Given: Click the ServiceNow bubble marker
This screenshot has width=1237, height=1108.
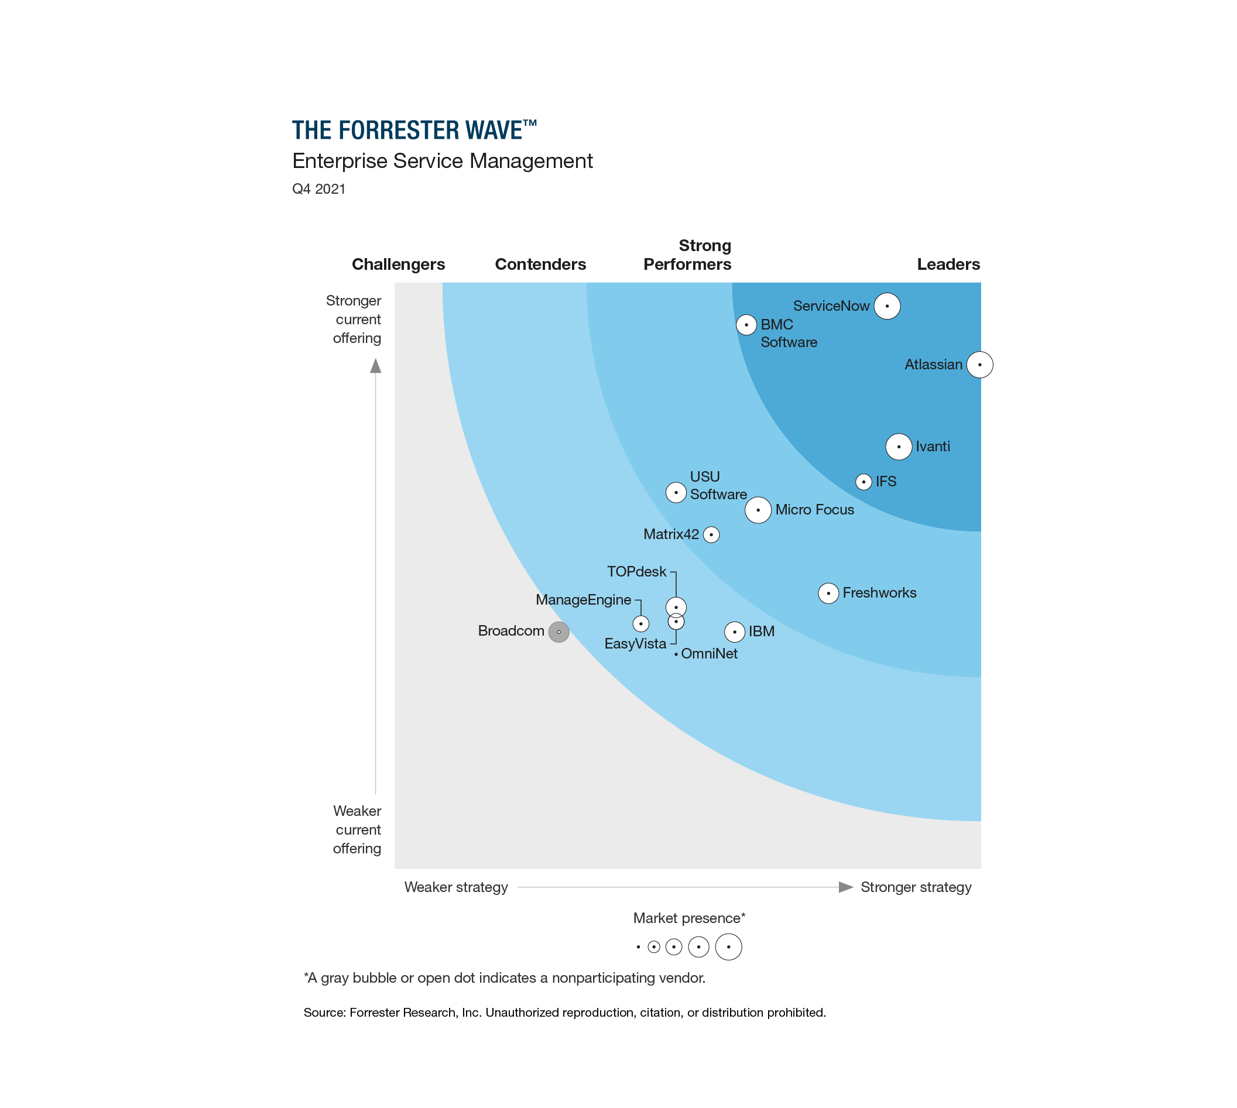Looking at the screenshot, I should click(887, 306).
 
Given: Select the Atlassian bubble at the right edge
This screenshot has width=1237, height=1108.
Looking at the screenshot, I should click(979, 365).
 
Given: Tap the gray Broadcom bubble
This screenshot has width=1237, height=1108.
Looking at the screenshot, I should click(559, 632).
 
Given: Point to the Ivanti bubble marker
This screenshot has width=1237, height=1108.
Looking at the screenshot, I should click(899, 447).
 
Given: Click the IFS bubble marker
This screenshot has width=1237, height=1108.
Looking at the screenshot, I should click(864, 482).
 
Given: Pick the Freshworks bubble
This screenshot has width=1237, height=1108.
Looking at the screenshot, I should click(828, 593).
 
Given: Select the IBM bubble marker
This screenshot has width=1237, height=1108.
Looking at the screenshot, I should click(735, 632).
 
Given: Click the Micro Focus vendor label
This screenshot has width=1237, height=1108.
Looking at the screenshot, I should click(814, 510).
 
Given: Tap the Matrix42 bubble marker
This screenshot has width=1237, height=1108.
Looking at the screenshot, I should click(711, 534).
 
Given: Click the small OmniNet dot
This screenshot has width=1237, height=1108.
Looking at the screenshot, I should click(676, 654).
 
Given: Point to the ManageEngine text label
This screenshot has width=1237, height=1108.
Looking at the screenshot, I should click(583, 600).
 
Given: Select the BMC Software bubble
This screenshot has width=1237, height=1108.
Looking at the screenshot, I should click(746, 325).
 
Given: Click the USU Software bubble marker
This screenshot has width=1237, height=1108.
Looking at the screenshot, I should click(676, 492).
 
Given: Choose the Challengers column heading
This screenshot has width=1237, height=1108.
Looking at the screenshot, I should click(398, 264).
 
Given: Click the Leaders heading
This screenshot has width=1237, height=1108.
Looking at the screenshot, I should click(948, 264).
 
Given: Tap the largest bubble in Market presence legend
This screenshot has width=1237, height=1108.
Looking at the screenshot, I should click(729, 946).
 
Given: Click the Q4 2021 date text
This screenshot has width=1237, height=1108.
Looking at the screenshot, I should click(319, 189).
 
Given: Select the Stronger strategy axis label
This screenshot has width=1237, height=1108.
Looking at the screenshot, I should click(916, 887).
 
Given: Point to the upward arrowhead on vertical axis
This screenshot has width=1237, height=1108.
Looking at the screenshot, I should click(376, 366).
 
